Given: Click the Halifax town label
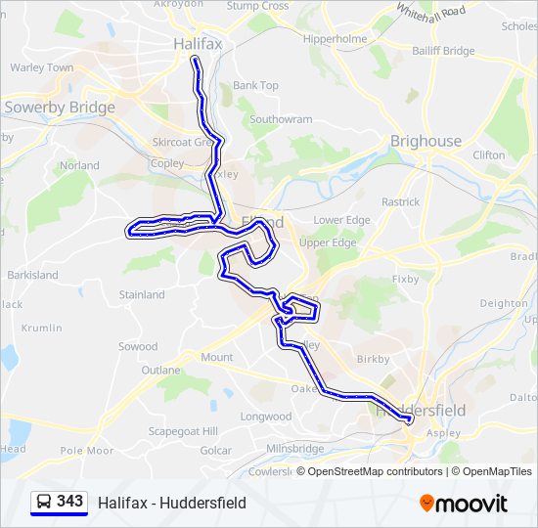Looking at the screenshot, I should pos(199,44).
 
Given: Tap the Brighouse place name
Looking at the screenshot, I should pos(426,141).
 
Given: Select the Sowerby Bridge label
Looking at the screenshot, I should pos(60,108).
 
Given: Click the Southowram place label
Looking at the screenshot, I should pos(281,119).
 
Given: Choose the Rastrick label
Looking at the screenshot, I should pos(400,201).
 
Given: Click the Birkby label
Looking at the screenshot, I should pos(373,359).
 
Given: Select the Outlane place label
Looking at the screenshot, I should pos(160,371).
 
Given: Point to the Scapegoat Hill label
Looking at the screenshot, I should pos(183,431).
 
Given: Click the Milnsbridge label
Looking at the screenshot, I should pos(295,448).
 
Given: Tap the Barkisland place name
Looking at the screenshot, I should pos(32,276).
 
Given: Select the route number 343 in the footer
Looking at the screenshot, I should pos(69,502).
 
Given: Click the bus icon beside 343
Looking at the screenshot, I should pos(43,503).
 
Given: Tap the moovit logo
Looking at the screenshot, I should pos(464,504).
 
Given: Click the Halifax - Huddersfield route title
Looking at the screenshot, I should pos(172,504).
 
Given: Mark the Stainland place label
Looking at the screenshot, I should pos(142,294).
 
